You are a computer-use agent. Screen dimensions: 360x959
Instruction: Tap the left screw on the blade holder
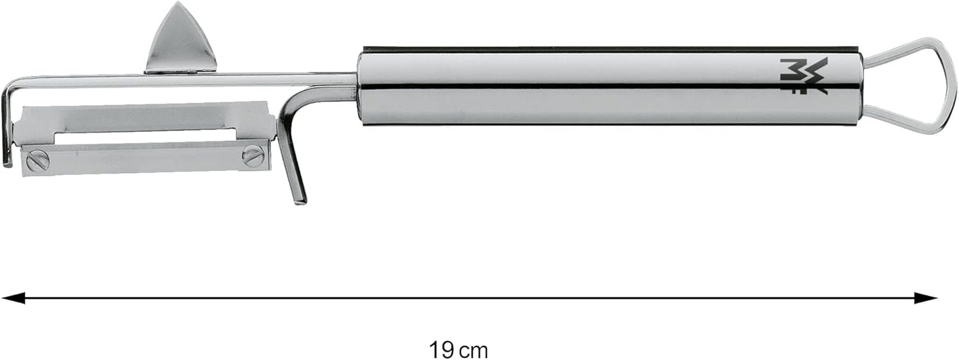pyautogui.click(x=35, y=161)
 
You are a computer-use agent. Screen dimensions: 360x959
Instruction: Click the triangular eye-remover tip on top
pyautogui.click(x=182, y=38)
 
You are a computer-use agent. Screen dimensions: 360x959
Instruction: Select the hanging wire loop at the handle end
pyautogui.click(x=938, y=86)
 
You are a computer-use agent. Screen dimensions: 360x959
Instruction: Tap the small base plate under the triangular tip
pyautogui.click(x=180, y=70)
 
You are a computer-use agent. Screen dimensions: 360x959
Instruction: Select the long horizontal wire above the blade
pyautogui.click(x=180, y=81)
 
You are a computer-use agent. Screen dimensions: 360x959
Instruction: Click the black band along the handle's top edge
pyautogui.click(x=608, y=48)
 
